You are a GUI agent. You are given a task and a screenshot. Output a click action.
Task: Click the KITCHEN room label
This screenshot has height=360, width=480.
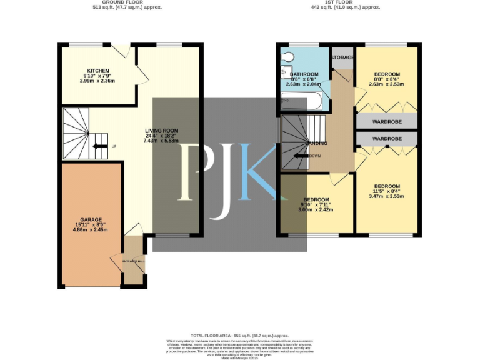(98, 71)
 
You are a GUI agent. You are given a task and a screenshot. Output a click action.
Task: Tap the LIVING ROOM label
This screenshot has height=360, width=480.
(162, 131)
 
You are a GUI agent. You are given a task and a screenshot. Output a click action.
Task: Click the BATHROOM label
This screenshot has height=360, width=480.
(304, 74)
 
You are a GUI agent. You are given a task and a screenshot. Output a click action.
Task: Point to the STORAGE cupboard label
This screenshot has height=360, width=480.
(342, 57)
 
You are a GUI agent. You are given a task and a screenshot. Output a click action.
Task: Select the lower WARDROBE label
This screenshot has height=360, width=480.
(386, 138)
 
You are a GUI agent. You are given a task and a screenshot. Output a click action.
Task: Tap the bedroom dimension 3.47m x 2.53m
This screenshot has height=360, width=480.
(387, 196)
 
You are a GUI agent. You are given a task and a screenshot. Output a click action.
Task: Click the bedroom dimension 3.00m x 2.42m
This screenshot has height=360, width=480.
(314, 210)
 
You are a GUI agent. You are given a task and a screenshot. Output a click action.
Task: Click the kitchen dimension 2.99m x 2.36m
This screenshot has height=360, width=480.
(98, 81)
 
